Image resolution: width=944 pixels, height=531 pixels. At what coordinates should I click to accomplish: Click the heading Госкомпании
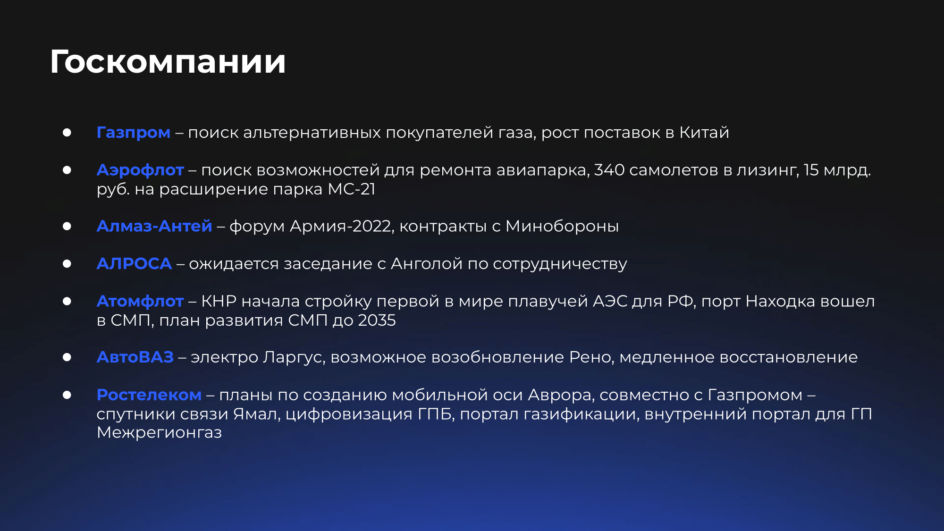click(168, 62)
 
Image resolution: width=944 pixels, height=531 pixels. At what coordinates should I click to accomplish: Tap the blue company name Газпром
click(134, 133)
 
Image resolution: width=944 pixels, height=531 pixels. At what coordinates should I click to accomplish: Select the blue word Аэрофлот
click(140, 170)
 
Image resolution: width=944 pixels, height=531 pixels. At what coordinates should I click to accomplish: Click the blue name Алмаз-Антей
click(154, 226)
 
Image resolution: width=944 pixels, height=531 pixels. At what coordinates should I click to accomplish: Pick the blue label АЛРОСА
click(135, 263)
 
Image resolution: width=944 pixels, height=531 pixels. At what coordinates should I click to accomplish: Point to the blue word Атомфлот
click(140, 301)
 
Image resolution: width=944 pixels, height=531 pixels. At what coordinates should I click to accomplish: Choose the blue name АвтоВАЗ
click(135, 357)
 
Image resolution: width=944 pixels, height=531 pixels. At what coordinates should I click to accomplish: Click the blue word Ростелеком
click(149, 395)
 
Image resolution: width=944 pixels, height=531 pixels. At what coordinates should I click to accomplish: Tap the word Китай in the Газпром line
click(704, 133)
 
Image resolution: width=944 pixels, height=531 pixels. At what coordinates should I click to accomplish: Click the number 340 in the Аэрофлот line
click(609, 170)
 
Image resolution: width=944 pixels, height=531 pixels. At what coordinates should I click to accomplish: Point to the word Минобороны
click(562, 226)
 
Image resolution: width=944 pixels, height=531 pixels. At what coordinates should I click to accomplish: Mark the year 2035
click(377, 320)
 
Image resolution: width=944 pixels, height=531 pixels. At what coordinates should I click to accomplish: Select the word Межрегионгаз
click(160, 432)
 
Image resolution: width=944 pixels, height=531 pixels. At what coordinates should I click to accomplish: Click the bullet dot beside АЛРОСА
click(67, 264)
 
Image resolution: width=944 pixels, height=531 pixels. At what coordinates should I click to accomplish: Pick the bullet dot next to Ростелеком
click(67, 395)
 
